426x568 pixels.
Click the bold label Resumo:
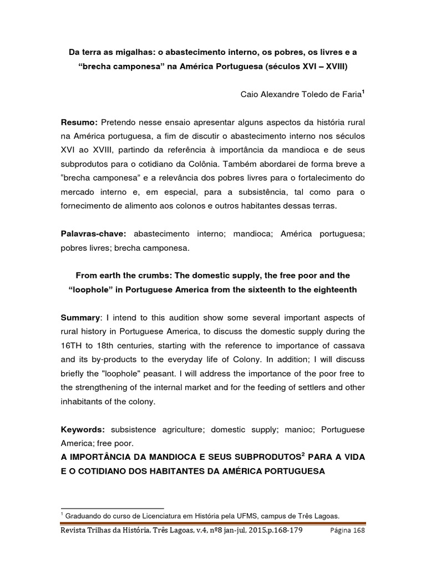[x=79, y=122]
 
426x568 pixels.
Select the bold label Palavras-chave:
[x=95, y=235]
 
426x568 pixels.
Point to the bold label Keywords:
[x=84, y=430]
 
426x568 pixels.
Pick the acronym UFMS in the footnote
[x=227, y=515]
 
